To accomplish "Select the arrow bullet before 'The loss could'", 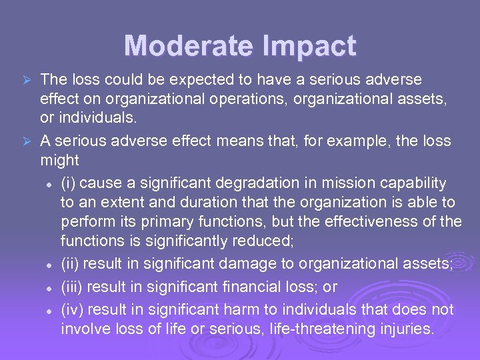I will coord(27,80).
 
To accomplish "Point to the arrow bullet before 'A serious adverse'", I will coord(27,141).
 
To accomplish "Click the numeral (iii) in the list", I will coord(73,287).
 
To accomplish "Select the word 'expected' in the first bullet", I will coord(190,80).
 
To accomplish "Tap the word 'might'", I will coord(59,161).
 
